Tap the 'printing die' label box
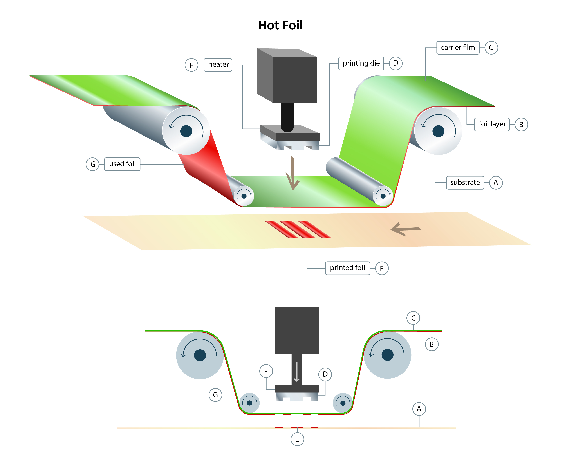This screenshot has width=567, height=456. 361,63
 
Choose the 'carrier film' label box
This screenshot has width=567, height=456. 458,48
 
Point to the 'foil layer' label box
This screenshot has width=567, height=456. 492,124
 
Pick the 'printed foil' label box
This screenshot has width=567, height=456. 347,268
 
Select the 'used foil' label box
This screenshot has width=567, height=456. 122,164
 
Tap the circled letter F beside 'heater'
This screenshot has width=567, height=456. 191,65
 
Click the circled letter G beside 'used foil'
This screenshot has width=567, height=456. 93,164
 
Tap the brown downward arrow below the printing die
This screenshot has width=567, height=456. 293,174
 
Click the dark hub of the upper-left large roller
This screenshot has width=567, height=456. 186,131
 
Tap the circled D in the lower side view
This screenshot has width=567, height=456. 325,374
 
